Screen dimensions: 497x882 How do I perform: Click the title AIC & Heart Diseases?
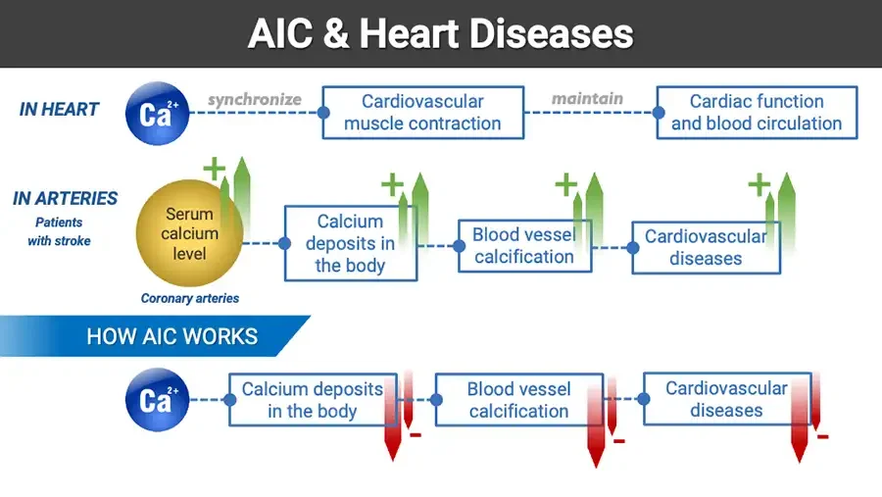point(440,33)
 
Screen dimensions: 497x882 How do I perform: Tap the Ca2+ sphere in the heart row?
point(157,113)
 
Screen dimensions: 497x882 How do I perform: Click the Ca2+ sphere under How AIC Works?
point(157,399)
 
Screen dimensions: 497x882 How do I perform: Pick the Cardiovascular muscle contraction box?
point(421,113)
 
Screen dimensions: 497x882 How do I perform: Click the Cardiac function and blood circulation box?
point(756,113)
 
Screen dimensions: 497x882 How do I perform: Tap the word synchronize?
point(255,99)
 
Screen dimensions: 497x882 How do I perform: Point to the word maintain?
point(587,98)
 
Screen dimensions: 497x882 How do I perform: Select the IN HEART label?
point(59,110)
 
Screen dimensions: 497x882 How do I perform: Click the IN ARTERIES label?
point(65,198)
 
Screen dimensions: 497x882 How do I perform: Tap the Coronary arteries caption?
point(189,298)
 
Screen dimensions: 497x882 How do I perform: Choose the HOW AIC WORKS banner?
point(171,337)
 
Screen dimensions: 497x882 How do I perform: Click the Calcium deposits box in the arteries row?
point(350,243)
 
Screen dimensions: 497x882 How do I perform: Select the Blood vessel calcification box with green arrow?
point(523,245)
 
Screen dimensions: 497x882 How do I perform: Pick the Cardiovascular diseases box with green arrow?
point(706,247)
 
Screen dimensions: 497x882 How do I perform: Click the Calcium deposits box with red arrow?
point(312,400)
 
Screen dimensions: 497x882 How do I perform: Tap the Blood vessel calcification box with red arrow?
point(518,400)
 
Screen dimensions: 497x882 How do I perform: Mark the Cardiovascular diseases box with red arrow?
point(726,399)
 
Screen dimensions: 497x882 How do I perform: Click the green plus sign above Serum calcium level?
point(214,169)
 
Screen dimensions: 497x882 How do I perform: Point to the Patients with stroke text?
point(60,231)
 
